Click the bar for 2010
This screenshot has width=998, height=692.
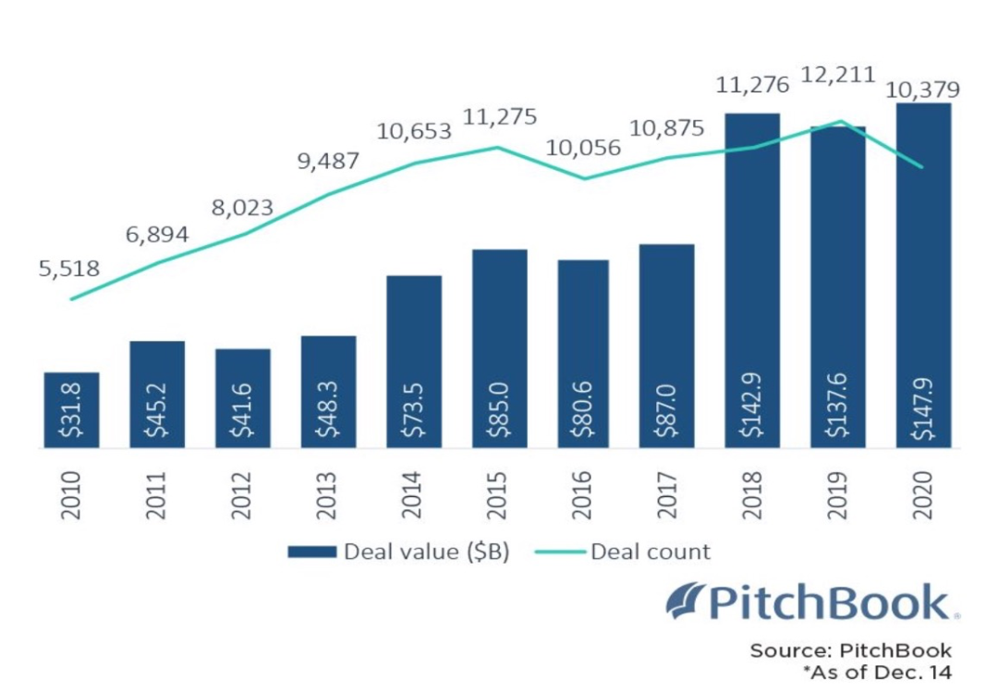coord(71,409)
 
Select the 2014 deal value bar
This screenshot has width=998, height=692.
coord(413,361)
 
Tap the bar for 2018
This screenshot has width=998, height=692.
coord(752,280)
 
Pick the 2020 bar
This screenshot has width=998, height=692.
coord(923,275)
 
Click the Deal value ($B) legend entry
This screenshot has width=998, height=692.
coord(398,552)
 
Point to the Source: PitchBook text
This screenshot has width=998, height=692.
coord(850,650)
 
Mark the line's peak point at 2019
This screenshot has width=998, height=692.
coord(839,120)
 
